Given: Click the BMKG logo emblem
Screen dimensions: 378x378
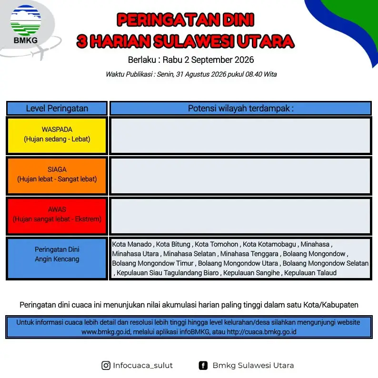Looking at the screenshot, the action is point(26,20).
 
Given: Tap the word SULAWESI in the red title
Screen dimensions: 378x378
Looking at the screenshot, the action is point(194,41).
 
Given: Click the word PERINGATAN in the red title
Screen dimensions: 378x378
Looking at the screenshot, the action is point(168,20).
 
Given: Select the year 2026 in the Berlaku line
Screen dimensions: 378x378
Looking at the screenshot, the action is point(244,60).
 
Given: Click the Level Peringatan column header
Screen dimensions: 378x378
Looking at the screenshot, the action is point(57,109).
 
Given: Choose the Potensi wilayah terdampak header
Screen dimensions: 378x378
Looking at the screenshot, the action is point(240,109).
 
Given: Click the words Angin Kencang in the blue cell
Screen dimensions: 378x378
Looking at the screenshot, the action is point(57,259).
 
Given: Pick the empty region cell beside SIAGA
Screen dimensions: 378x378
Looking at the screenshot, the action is point(240,176).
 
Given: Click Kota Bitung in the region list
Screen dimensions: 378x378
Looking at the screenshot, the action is point(173,244).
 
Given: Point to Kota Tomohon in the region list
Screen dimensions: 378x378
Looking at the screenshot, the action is point(216,244).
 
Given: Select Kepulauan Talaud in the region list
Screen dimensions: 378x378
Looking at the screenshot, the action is point(310,273).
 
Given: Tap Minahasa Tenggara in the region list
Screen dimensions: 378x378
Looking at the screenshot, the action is point(249,254).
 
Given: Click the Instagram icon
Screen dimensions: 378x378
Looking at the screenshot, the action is point(106,366).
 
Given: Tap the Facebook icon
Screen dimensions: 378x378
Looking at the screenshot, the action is point(203,366).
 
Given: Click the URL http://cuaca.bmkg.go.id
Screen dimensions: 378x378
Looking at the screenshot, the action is point(261,332).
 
